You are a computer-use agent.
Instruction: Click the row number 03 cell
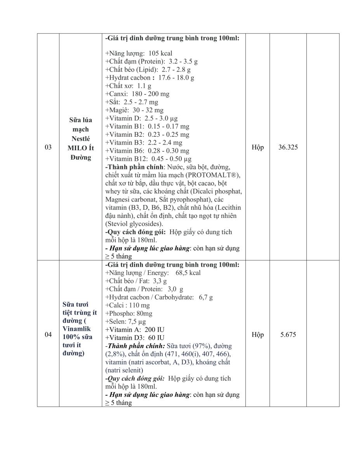click(48, 147)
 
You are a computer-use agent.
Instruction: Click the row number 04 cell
click(48, 334)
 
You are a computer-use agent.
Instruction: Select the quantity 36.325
click(288, 147)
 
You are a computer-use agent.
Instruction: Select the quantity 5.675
click(288, 334)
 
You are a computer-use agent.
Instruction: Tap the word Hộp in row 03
click(257, 147)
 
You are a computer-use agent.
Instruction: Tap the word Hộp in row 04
click(257, 334)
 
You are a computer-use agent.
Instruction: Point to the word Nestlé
click(80, 139)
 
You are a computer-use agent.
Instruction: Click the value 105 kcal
click(160, 53)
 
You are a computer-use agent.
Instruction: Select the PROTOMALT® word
click(215, 175)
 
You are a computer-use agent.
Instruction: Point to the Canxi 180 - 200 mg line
click(137, 94)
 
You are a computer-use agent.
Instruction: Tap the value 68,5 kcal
click(188, 273)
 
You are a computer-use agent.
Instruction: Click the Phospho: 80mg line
click(129, 313)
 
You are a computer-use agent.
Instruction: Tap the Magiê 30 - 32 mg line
click(135, 110)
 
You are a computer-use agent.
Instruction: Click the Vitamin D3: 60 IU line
click(135, 337)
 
